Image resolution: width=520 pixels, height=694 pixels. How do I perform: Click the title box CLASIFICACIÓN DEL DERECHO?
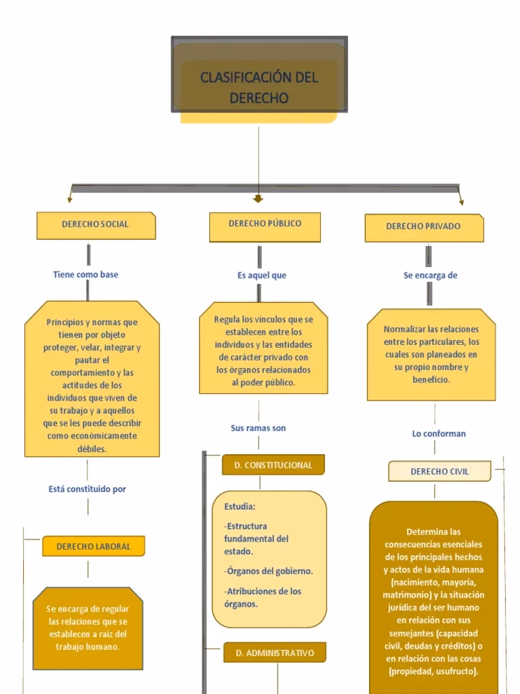[x=259, y=87]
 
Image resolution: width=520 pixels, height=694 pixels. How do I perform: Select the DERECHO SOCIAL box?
[x=95, y=224]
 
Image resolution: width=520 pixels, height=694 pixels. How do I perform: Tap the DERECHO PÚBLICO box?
[x=265, y=224]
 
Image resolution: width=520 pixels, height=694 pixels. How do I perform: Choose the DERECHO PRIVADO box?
[x=424, y=227]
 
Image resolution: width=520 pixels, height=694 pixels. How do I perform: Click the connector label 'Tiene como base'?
[x=86, y=274]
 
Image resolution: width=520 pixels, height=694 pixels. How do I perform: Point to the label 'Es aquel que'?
[x=262, y=275]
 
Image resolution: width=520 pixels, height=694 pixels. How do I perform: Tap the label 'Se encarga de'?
[x=431, y=276]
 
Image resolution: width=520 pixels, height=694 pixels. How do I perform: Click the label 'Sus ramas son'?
[x=258, y=428]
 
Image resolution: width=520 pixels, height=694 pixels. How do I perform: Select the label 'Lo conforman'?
[x=439, y=434]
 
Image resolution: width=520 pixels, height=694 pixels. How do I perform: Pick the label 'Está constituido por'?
[x=87, y=489]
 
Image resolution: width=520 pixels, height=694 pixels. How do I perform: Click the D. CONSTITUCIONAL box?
[x=274, y=466]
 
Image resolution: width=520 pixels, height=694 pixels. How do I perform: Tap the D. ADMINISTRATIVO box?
[x=275, y=653]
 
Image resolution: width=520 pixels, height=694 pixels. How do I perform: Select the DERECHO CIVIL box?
[x=439, y=472]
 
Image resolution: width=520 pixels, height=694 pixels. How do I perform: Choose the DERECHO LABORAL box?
[x=93, y=546]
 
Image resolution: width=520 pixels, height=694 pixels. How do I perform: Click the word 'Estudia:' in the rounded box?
[x=240, y=506]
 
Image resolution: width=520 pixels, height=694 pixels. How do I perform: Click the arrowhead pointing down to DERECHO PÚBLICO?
[x=258, y=199]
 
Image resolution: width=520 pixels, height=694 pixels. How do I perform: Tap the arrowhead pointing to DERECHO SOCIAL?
[x=69, y=199]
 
